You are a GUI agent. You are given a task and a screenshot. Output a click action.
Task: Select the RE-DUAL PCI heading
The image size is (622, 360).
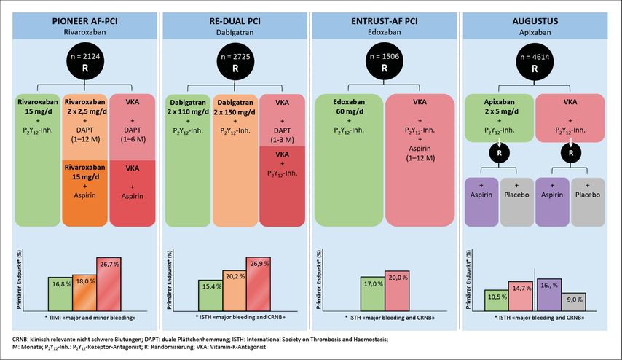[x=235, y=20]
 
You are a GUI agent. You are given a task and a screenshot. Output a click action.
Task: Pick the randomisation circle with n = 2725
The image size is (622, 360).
[x=235, y=64]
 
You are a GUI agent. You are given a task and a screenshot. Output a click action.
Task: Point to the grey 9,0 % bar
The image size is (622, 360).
[x=574, y=300]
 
